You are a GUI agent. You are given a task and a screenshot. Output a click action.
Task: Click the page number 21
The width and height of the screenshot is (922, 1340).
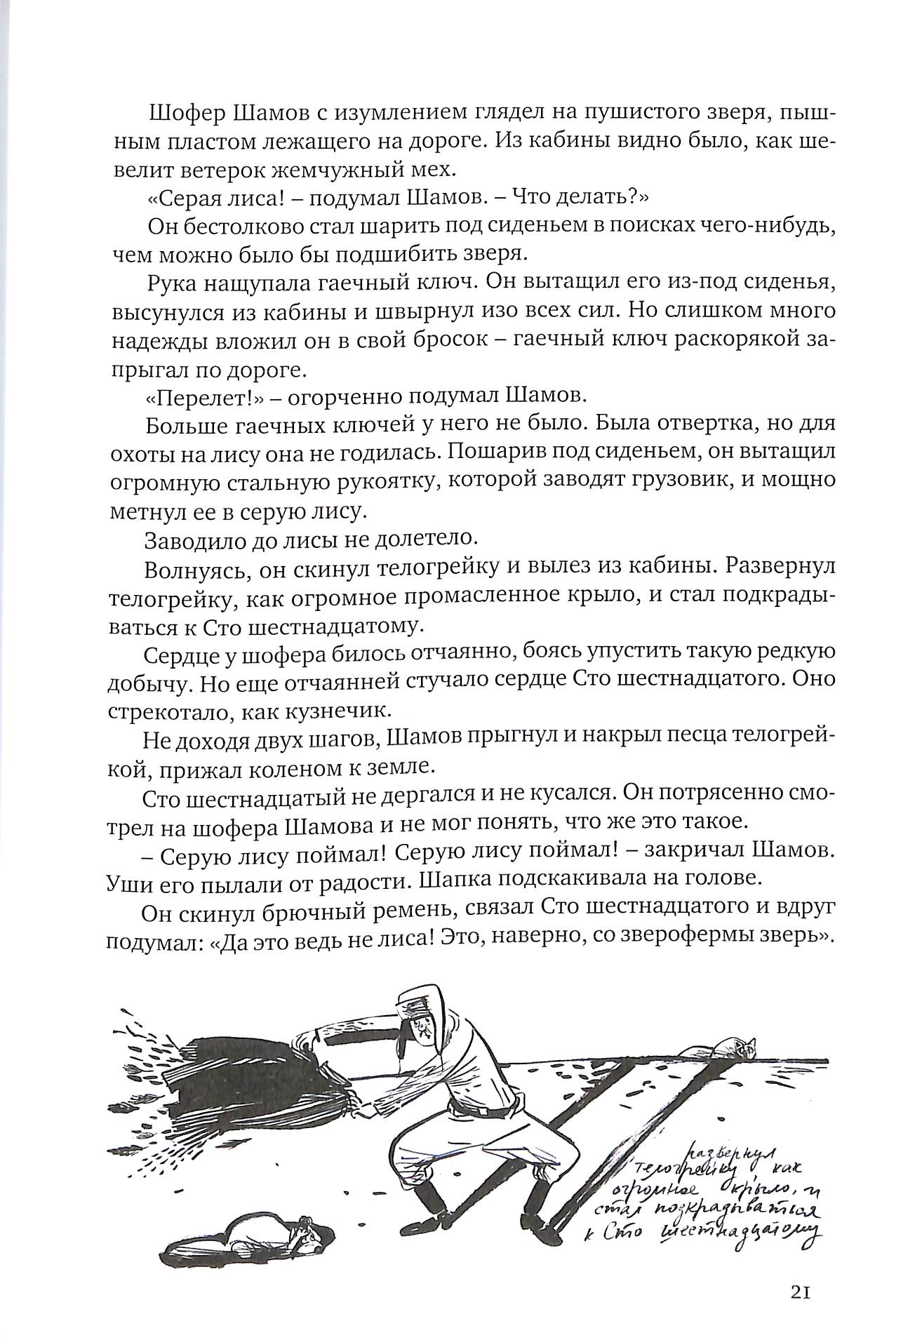coord(800,1293)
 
